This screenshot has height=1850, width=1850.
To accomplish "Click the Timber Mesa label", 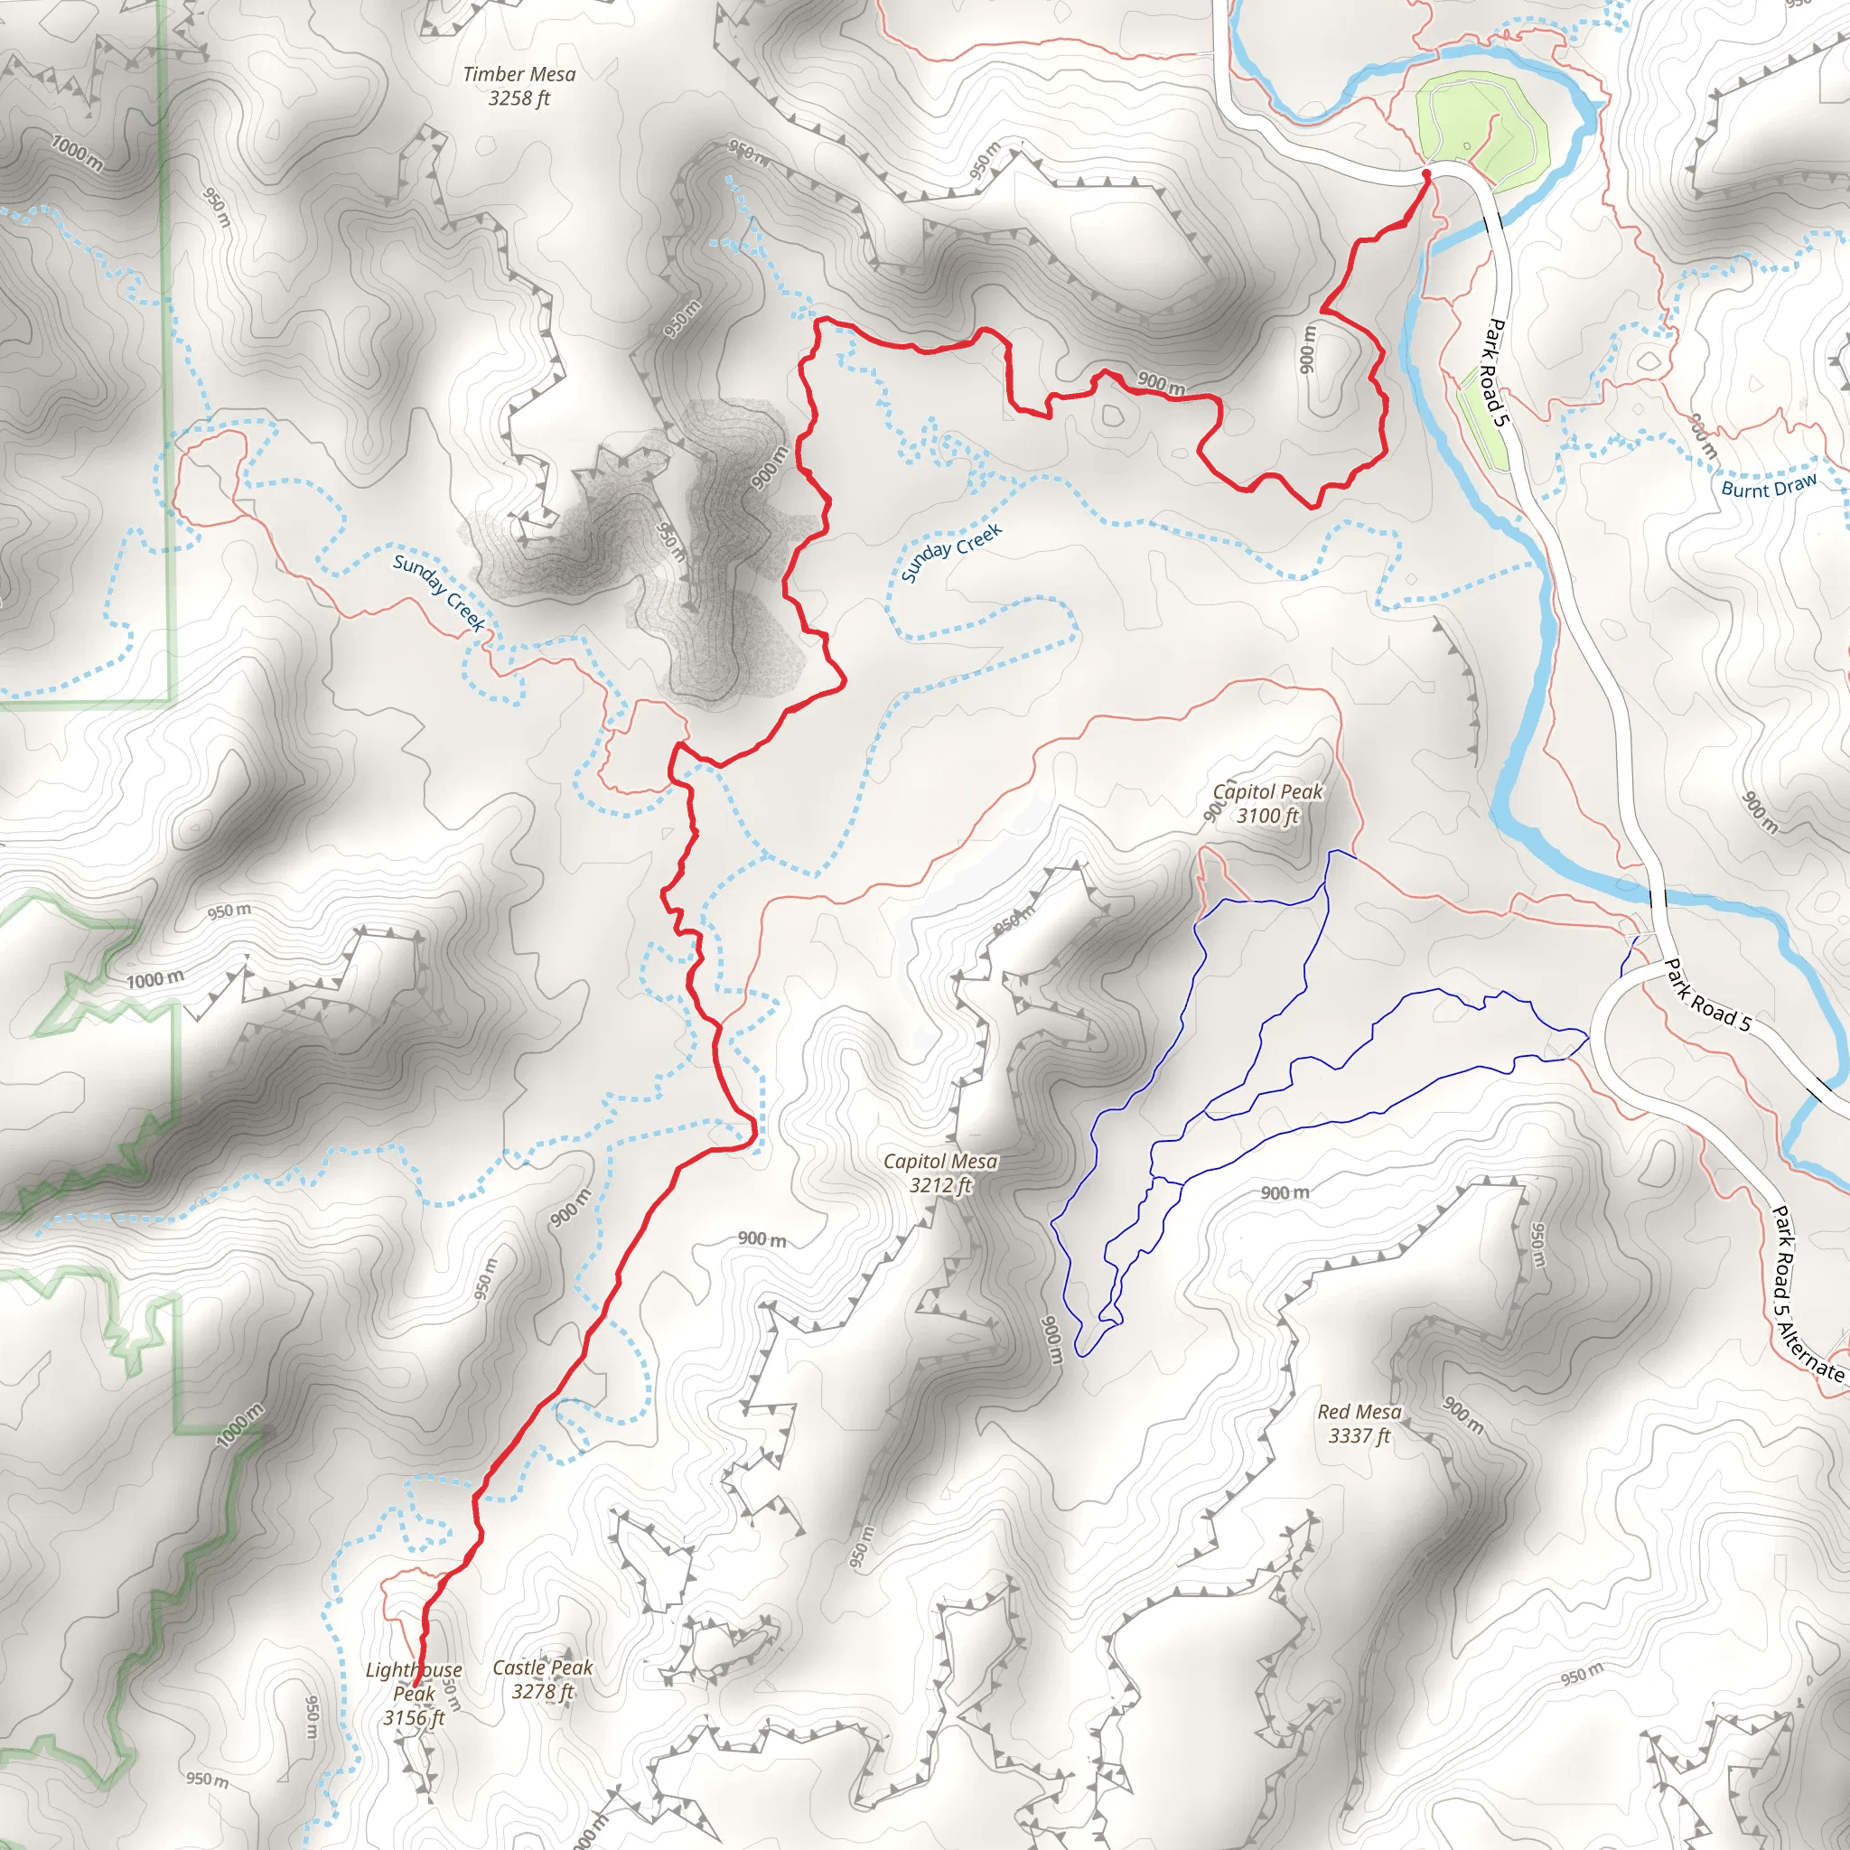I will coord(519,74).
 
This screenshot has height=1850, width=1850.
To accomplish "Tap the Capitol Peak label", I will coord(1267,792).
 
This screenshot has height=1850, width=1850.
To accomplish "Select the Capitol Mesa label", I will coord(940,1162).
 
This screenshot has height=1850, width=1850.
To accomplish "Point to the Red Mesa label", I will coord(1359,1412).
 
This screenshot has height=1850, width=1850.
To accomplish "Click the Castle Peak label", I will coord(543,1668).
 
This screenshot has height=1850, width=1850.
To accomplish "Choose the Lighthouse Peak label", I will coord(414,1681).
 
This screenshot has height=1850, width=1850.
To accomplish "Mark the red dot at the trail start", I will coord(1425,174).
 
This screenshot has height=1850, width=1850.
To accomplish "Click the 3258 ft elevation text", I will coord(519,98).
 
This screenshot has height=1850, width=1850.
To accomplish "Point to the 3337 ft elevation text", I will coord(1359,1435).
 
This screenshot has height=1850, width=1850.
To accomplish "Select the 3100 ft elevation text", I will coord(1267,816).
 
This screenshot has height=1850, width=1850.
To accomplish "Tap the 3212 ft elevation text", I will coord(940,1185).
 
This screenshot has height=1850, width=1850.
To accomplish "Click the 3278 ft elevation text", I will coord(543,1691).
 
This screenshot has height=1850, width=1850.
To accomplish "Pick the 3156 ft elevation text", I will coord(414,1718).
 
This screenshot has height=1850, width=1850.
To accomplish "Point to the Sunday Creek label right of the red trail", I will coord(951,553).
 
